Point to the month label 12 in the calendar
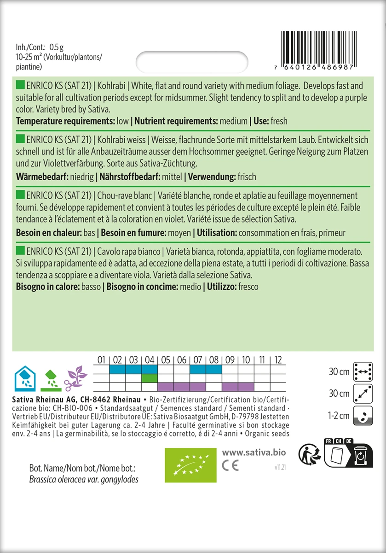[x=277, y=359]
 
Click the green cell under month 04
[x=149, y=378]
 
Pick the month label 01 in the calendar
[x=102, y=359]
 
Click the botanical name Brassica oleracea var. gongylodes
[x=77, y=479]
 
